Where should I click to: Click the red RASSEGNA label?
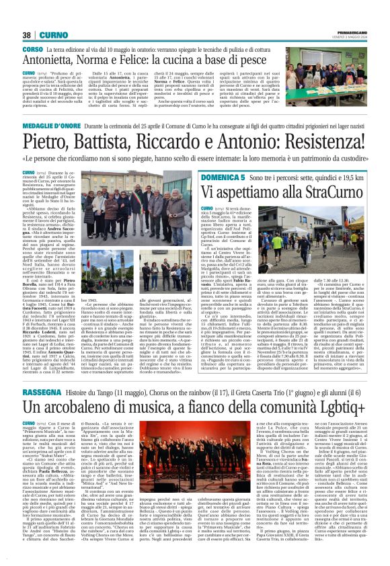pos(44,391)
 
